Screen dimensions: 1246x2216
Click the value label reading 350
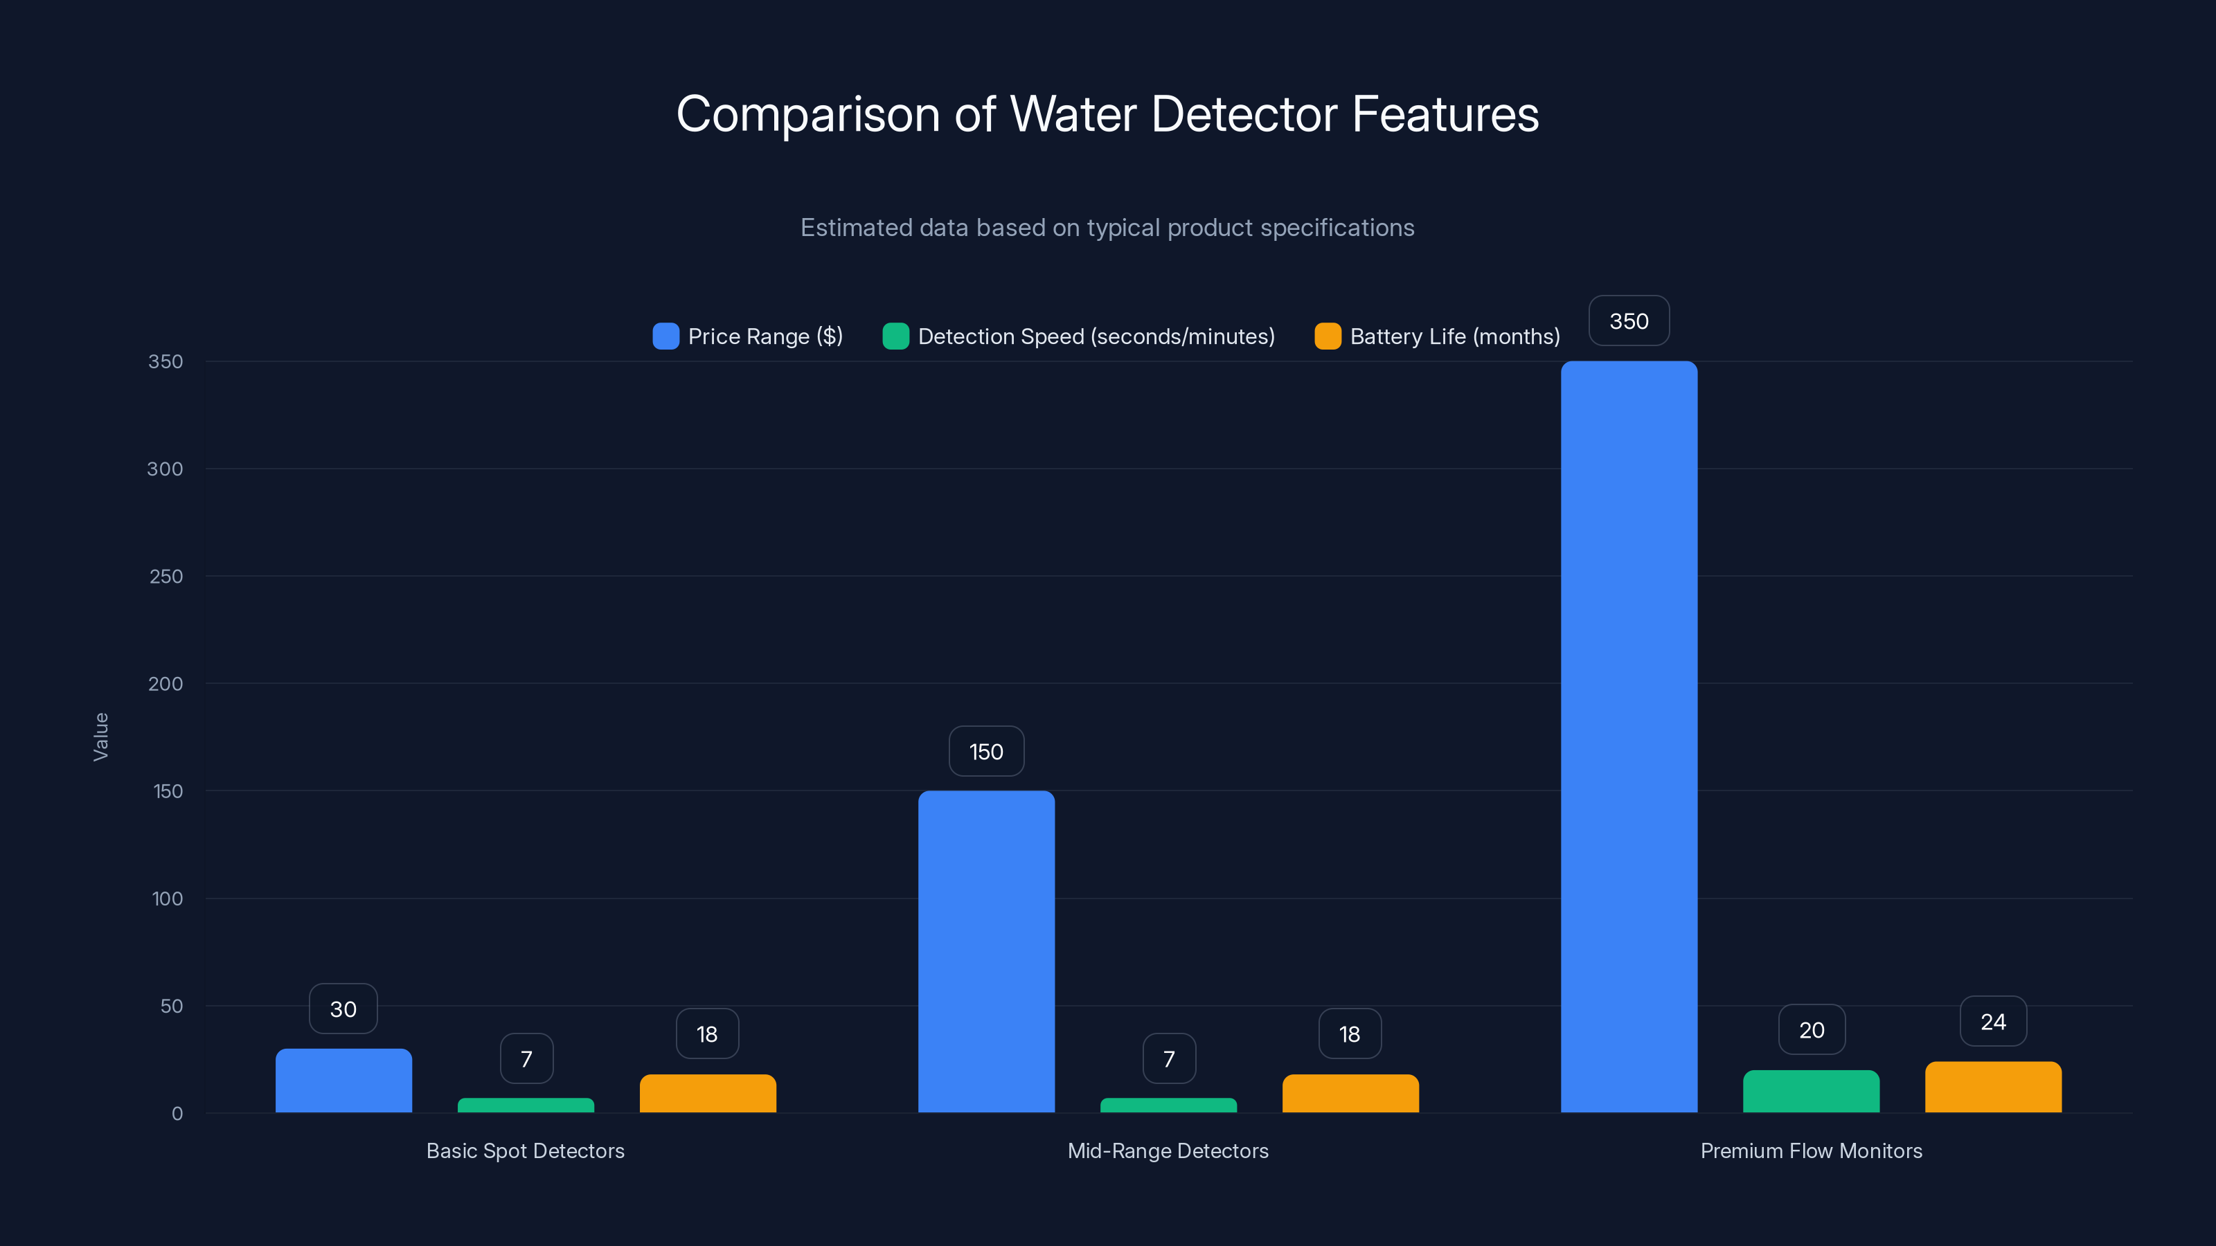[1629, 320]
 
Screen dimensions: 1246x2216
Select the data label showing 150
[986, 752]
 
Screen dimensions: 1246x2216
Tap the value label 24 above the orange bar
[1992, 1022]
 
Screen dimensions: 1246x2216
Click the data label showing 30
[343, 1009]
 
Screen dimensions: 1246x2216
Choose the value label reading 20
[1811, 1029]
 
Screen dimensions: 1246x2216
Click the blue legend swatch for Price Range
[665, 336]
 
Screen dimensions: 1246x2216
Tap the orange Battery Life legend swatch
[1328, 336]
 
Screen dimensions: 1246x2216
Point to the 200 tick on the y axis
[166, 684]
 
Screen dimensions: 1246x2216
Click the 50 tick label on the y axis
[171, 1006]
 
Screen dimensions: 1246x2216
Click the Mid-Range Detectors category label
[1168, 1150]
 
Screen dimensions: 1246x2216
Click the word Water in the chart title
[1073, 114]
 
